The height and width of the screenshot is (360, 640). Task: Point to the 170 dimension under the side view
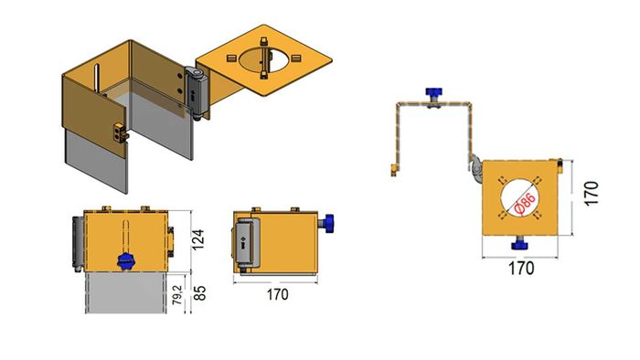(x=276, y=295)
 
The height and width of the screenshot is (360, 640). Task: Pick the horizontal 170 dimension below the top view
(x=520, y=269)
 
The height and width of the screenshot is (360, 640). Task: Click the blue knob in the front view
(x=125, y=261)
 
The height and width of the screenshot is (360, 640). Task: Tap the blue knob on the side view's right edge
(x=328, y=222)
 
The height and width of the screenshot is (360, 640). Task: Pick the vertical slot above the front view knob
(x=125, y=233)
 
